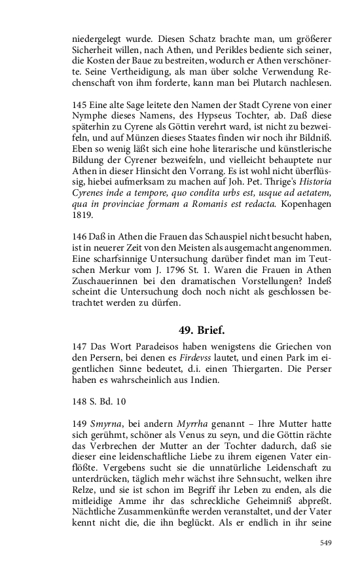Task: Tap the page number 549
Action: coord(327,542)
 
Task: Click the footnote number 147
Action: coord(80,347)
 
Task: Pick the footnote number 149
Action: coord(80,406)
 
